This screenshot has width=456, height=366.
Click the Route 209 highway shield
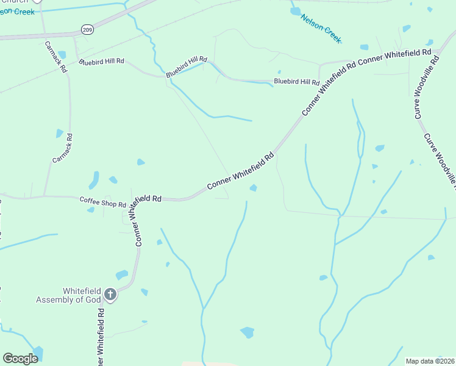click(x=87, y=29)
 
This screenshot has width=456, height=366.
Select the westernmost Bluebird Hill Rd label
click(x=101, y=62)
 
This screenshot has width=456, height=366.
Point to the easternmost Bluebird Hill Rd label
click(x=297, y=81)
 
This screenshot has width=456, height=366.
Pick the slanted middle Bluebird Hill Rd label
click(x=187, y=66)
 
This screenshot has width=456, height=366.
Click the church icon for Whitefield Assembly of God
click(x=110, y=295)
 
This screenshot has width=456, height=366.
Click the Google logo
click(x=20, y=359)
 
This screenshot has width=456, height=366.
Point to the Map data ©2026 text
click(x=430, y=361)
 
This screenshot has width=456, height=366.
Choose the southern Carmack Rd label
click(x=62, y=148)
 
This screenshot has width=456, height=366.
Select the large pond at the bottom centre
click(x=247, y=332)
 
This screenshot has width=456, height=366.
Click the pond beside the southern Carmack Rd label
click(x=59, y=133)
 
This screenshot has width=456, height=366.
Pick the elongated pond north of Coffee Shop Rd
click(x=94, y=180)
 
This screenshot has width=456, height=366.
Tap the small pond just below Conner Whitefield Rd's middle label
click(x=252, y=188)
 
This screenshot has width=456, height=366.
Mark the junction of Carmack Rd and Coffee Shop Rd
click(x=45, y=196)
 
